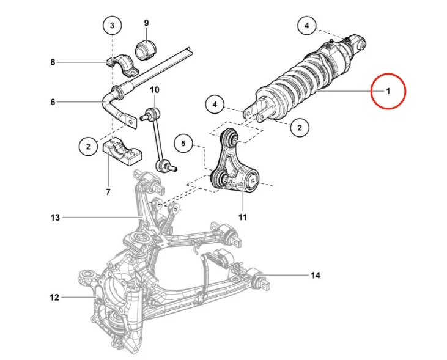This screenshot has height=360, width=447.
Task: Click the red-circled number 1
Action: [x=388, y=91]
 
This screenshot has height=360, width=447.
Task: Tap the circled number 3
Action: [x=112, y=26]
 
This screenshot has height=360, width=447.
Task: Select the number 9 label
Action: [x=146, y=23]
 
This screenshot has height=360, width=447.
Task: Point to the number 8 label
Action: [x=53, y=62]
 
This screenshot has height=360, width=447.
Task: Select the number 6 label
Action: [x=53, y=102]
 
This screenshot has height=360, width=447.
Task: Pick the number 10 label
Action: [x=154, y=90]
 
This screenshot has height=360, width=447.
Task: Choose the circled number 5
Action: [x=183, y=144]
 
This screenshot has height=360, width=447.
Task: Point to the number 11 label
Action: [x=242, y=217]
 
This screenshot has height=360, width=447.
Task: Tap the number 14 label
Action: [x=315, y=276]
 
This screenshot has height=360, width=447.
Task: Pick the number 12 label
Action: [x=54, y=298]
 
